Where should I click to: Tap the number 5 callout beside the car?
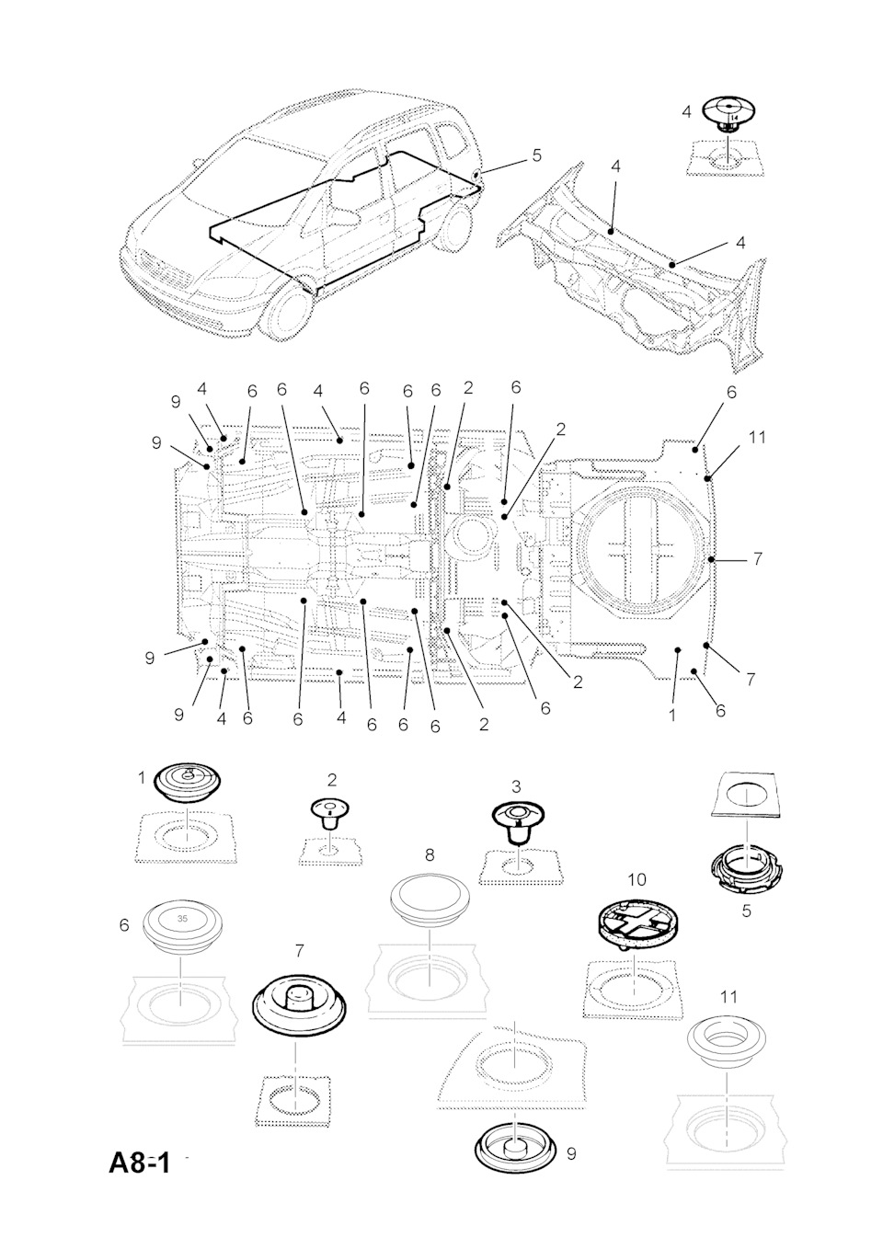[x=536, y=155]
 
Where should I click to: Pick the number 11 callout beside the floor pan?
[x=756, y=437]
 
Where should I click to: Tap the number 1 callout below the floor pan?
[x=672, y=715]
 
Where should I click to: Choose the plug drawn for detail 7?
[x=301, y=1004]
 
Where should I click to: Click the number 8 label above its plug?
[x=430, y=854]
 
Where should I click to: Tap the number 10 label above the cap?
[x=636, y=880]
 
